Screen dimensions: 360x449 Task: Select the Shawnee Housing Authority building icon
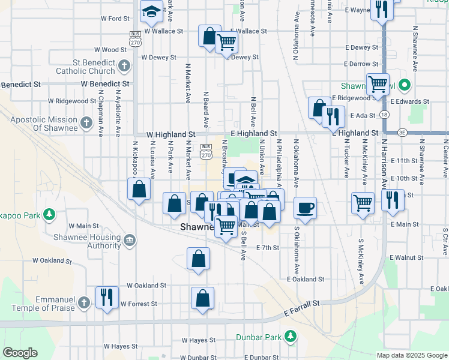pyautogui.click(x=130, y=241)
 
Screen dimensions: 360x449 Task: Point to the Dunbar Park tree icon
pyautogui.click(x=291, y=336)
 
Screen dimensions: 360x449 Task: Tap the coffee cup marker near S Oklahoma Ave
pyautogui.click(x=306, y=208)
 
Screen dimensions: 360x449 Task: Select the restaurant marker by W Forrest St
pyautogui.click(x=107, y=296)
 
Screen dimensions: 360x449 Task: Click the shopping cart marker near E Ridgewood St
pyautogui.click(x=378, y=84)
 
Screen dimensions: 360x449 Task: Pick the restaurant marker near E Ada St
pyautogui.click(x=333, y=116)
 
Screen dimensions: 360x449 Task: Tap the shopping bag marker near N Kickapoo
pyautogui.click(x=139, y=190)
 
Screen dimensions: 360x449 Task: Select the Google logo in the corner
pyautogui.click(x=20, y=352)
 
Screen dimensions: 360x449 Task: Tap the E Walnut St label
pyautogui.click(x=406, y=257)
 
